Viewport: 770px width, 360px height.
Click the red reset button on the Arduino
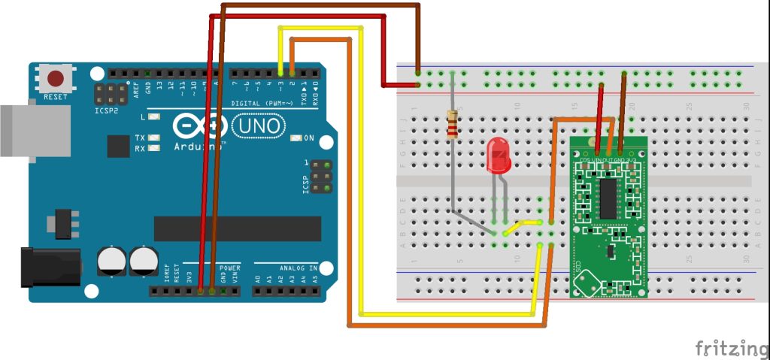56,78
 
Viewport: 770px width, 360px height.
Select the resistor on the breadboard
452,124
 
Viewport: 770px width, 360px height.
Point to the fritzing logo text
726,348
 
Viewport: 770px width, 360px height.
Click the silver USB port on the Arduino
16,132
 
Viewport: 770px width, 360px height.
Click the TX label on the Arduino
141,138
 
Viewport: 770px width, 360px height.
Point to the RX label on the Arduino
141,148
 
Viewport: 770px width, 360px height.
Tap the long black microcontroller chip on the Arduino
237,228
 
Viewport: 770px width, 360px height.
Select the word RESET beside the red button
56,97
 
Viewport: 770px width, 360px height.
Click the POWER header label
230,268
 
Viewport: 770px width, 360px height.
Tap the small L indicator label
142,118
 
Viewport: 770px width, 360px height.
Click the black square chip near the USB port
118,146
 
